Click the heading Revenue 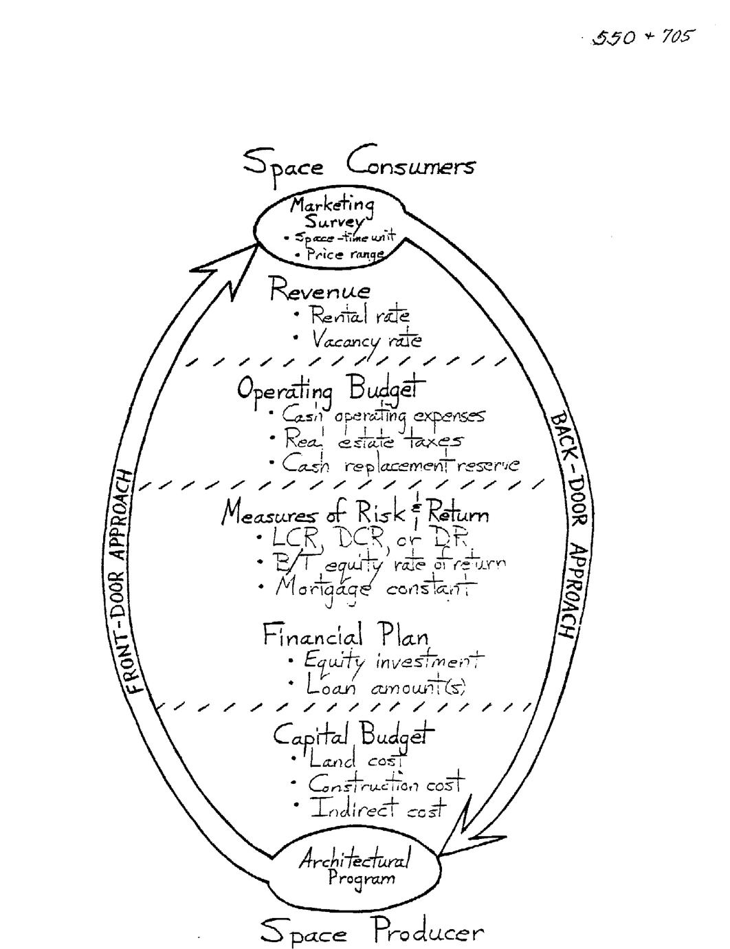[320, 290]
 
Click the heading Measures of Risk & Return [355, 514]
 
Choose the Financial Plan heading [346, 635]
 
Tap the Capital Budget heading [354, 736]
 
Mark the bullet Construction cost [386, 783]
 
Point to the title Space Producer [372, 932]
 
